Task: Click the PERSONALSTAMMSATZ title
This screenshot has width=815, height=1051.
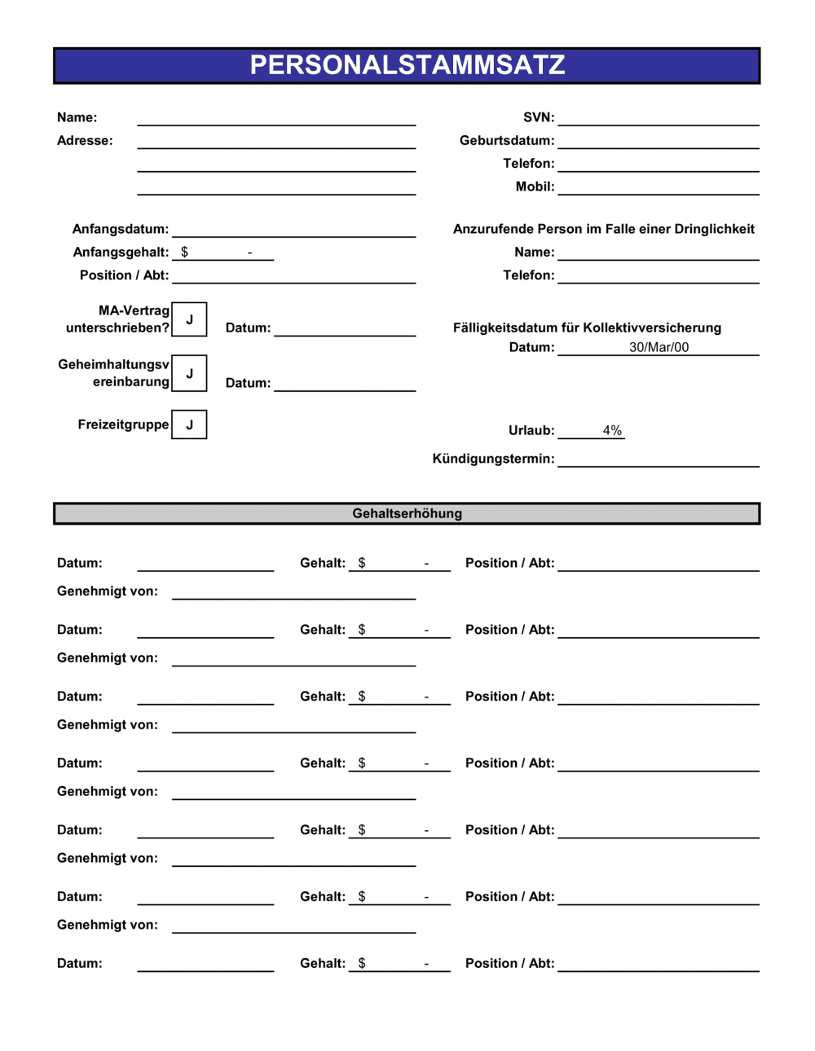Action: [x=407, y=65]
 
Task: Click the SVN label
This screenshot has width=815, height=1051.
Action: [x=538, y=117]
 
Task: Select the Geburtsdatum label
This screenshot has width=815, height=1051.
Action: [x=506, y=140]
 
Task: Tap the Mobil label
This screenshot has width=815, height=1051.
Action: [x=535, y=187]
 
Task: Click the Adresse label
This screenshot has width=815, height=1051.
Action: [x=85, y=140]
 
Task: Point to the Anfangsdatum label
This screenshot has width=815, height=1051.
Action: [x=121, y=229]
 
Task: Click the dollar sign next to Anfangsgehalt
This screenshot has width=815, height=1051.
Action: [x=185, y=252]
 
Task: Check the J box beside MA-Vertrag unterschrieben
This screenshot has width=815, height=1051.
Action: [x=190, y=319]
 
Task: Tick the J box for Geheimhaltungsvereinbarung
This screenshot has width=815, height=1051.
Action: [x=190, y=373]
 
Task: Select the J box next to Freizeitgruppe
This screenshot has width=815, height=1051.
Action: [x=190, y=424]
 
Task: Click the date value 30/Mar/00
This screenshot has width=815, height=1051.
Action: [x=659, y=347]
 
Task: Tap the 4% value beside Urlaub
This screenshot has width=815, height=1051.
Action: [x=612, y=430]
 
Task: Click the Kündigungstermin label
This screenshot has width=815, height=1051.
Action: [x=493, y=459]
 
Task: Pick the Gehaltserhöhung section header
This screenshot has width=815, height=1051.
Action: [x=407, y=513]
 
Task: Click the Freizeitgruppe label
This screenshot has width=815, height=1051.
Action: [x=123, y=424]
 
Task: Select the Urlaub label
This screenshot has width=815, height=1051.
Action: [x=531, y=430]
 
